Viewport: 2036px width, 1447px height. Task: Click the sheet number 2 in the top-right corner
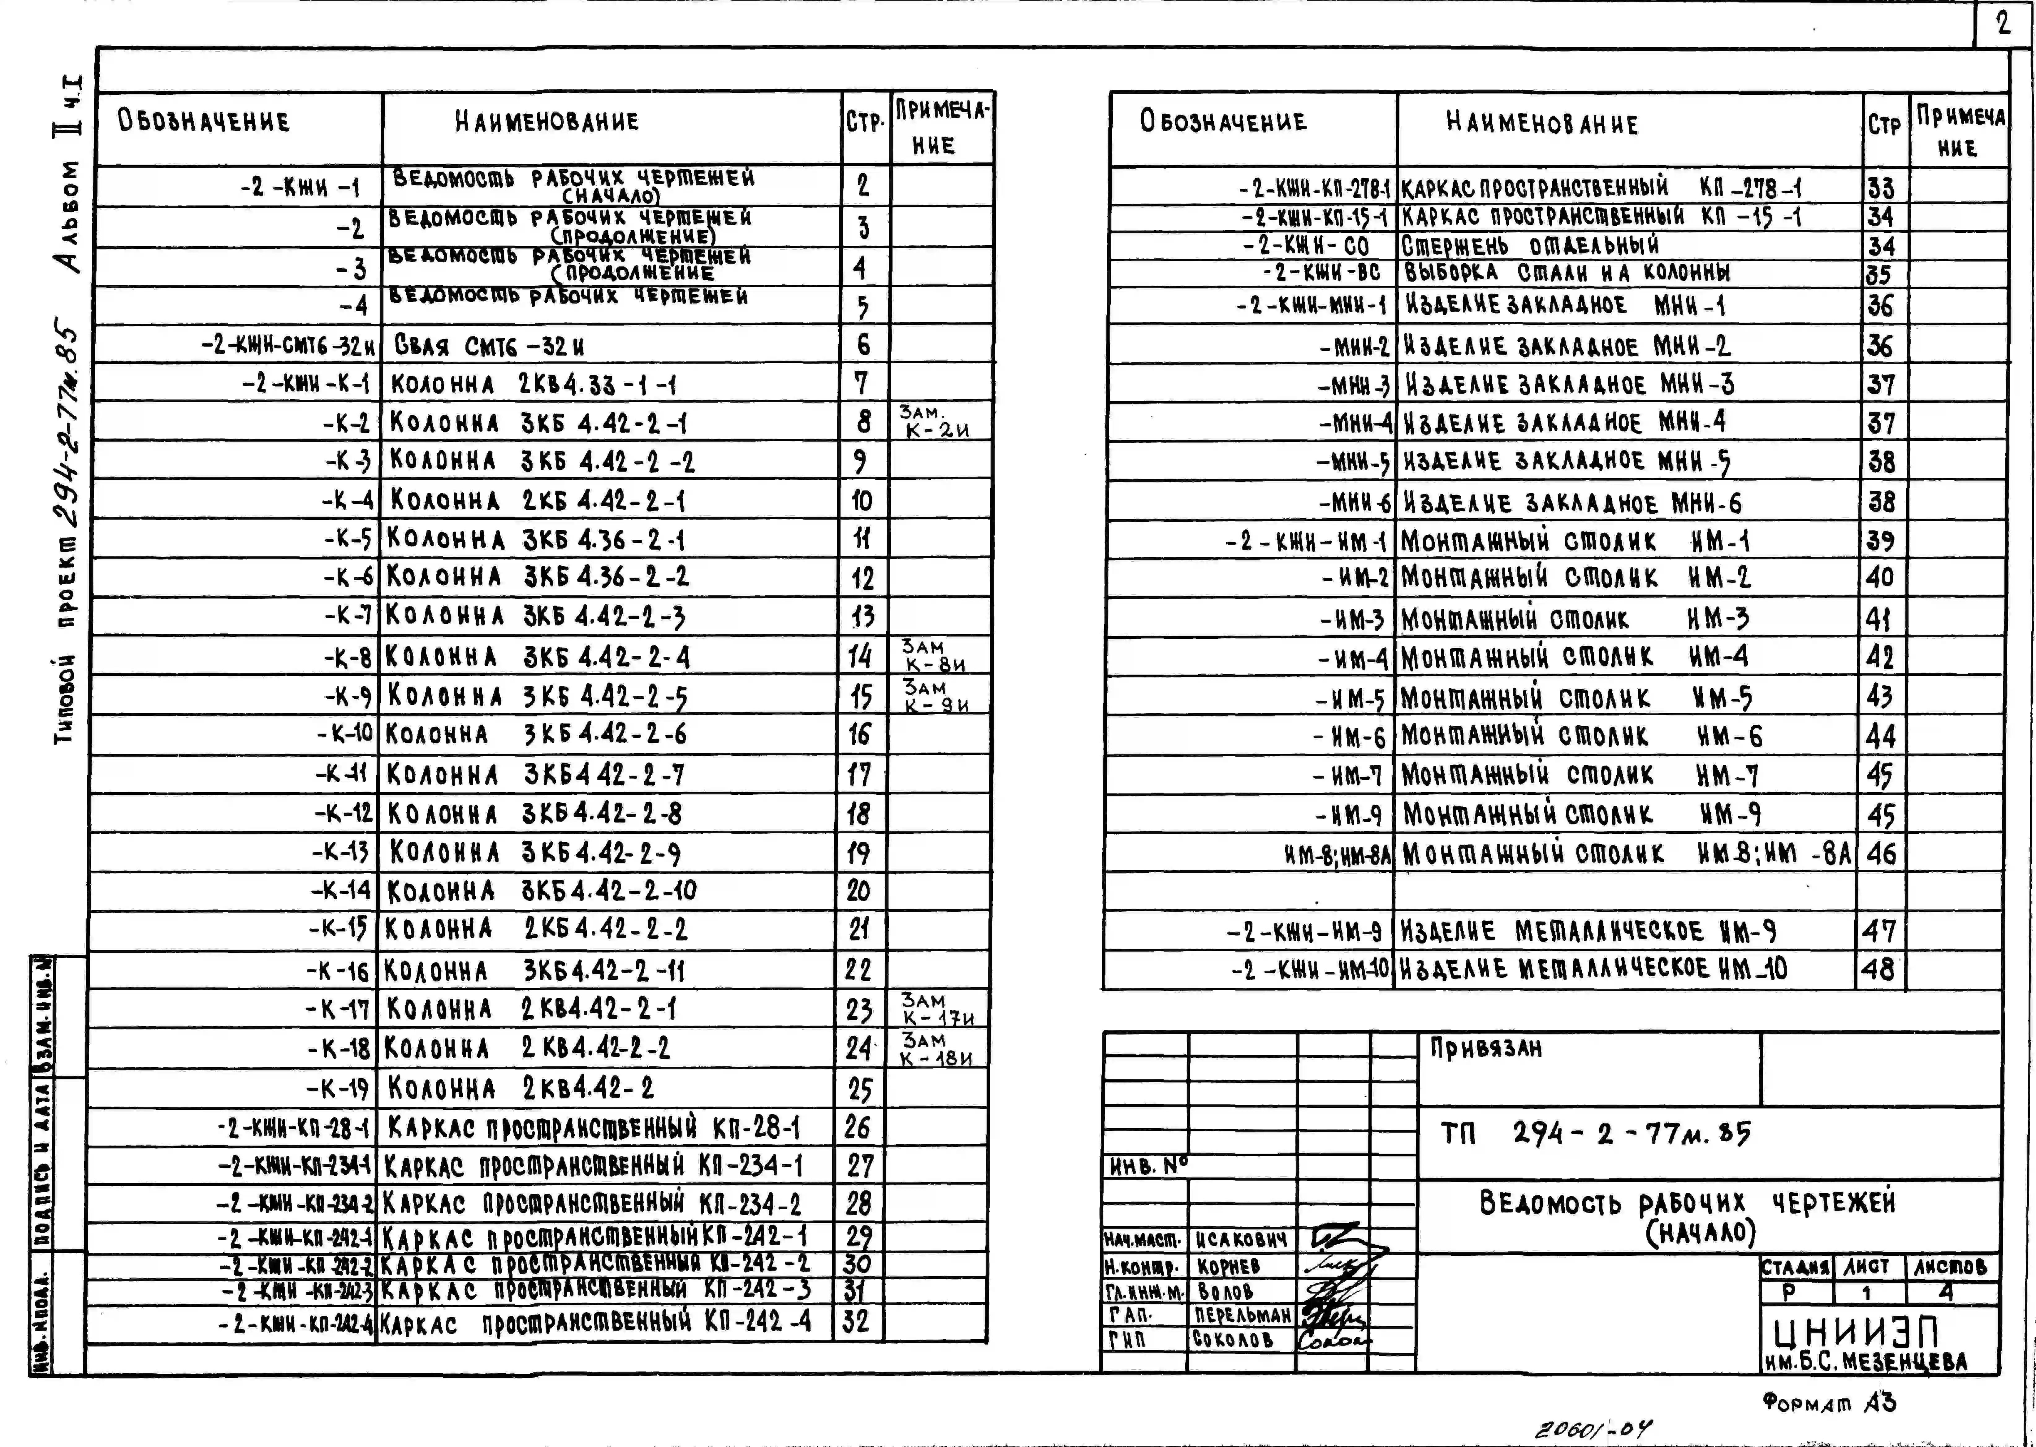coord(2003,24)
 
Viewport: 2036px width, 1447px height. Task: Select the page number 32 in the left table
coord(856,1320)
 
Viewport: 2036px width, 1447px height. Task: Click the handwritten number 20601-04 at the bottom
coord(1592,1430)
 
